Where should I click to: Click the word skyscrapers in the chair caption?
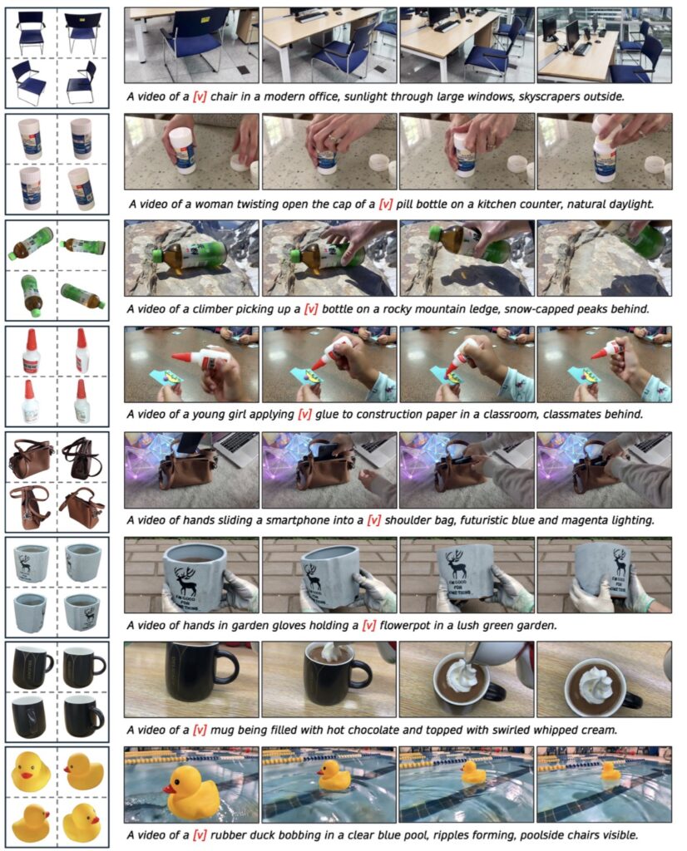548,96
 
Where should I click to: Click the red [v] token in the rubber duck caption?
200,835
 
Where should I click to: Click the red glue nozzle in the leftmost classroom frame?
185,356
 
